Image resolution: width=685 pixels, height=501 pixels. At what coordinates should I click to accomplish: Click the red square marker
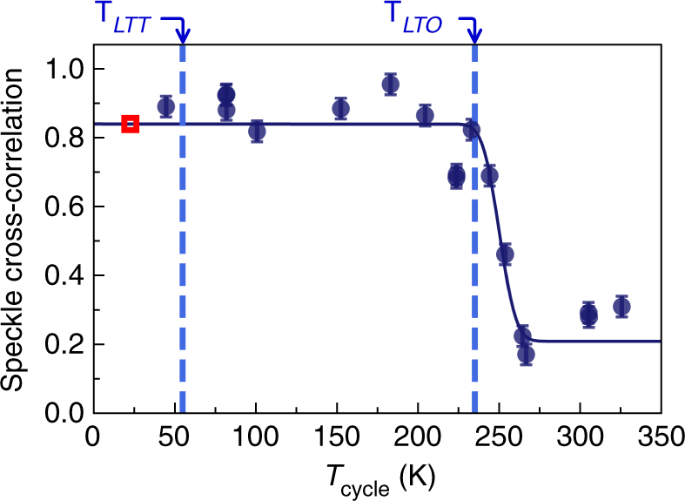pyautogui.click(x=130, y=124)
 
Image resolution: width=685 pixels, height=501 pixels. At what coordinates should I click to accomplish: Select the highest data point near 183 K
pyautogui.click(x=391, y=85)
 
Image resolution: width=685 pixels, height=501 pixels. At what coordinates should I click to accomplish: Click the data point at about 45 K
pyautogui.click(x=165, y=107)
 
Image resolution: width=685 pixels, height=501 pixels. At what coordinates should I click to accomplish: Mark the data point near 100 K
pyautogui.click(x=257, y=132)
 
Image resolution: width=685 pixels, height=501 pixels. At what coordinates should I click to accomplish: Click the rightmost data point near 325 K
pyautogui.click(x=621, y=307)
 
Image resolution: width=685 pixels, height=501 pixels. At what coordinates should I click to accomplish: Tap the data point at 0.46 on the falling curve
pyautogui.click(x=505, y=254)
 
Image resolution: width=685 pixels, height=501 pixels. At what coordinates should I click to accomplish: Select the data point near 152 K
pyautogui.click(x=340, y=109)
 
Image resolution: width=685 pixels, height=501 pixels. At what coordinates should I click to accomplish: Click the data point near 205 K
pyautogui.click(x=425, y=116)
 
